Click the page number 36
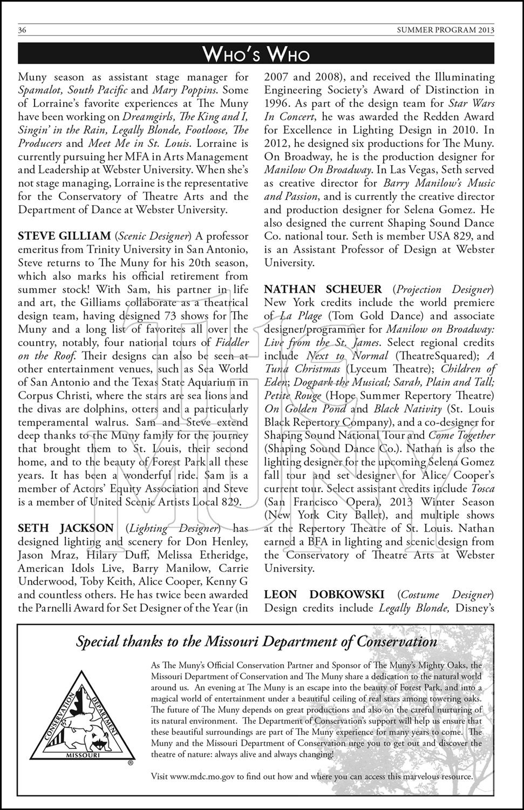(x=23, y=30)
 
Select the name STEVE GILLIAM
(x=64, y=236)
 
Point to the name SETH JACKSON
(x=66, y=528)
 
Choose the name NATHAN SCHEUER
(x=323, y=289)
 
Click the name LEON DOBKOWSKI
(x=324, y=595)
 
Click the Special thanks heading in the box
(x=256, y=642)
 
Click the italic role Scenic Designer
(x=153, y=236)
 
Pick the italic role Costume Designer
(x=445, y=595)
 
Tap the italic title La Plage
(x=301, y=316)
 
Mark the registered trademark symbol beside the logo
(x=130, y=764)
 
